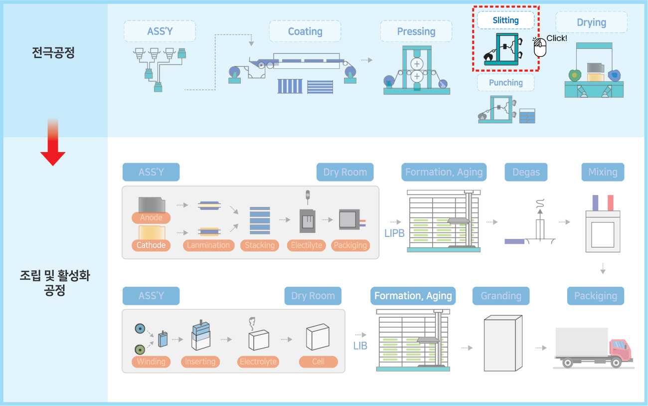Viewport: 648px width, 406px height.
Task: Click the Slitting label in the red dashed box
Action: pyautogui.click(x=505, y=20)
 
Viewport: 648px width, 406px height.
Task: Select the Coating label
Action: pyautogui.click(x=305, y=31)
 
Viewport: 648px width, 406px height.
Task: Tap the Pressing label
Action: pyautogui.click(x=416, y=31)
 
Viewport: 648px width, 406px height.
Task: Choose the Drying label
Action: pyautogui.click(x=591, y=22)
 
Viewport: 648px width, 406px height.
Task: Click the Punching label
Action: pyautogui.click(x=505, y=82)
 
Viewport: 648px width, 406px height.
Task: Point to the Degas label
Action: pyautogui.click(x=526, y=172)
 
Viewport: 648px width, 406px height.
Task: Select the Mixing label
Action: pyautogui.click(x=603, y=172)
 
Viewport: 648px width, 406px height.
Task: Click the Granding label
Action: pyautogui.click(x=501, y=296)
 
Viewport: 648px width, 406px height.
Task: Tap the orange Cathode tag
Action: pyautogui.click(x=151, y=245)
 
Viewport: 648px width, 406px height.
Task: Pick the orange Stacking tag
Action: pyautogui.click(x=260, y=245)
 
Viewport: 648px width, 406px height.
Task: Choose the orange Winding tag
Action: pyautogui.click(x=151, y=362)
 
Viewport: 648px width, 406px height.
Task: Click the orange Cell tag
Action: pyautogui.click(x=318, y=362)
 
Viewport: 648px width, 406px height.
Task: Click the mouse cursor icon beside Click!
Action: pyautogui.click(x=540, y=47)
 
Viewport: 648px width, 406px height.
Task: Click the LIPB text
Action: pyautogui.click(x=394, y=233)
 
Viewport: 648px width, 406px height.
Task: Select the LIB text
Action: pyautogui.click(x=360, y=346)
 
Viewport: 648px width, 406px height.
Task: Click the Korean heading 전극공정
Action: pyautogui.click(x=53, y=53)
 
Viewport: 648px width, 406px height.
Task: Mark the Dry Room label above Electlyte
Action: pyautogui.click(x=345, y=172)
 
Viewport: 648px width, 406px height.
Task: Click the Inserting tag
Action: pyautogui.click(x=200, y=362)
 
